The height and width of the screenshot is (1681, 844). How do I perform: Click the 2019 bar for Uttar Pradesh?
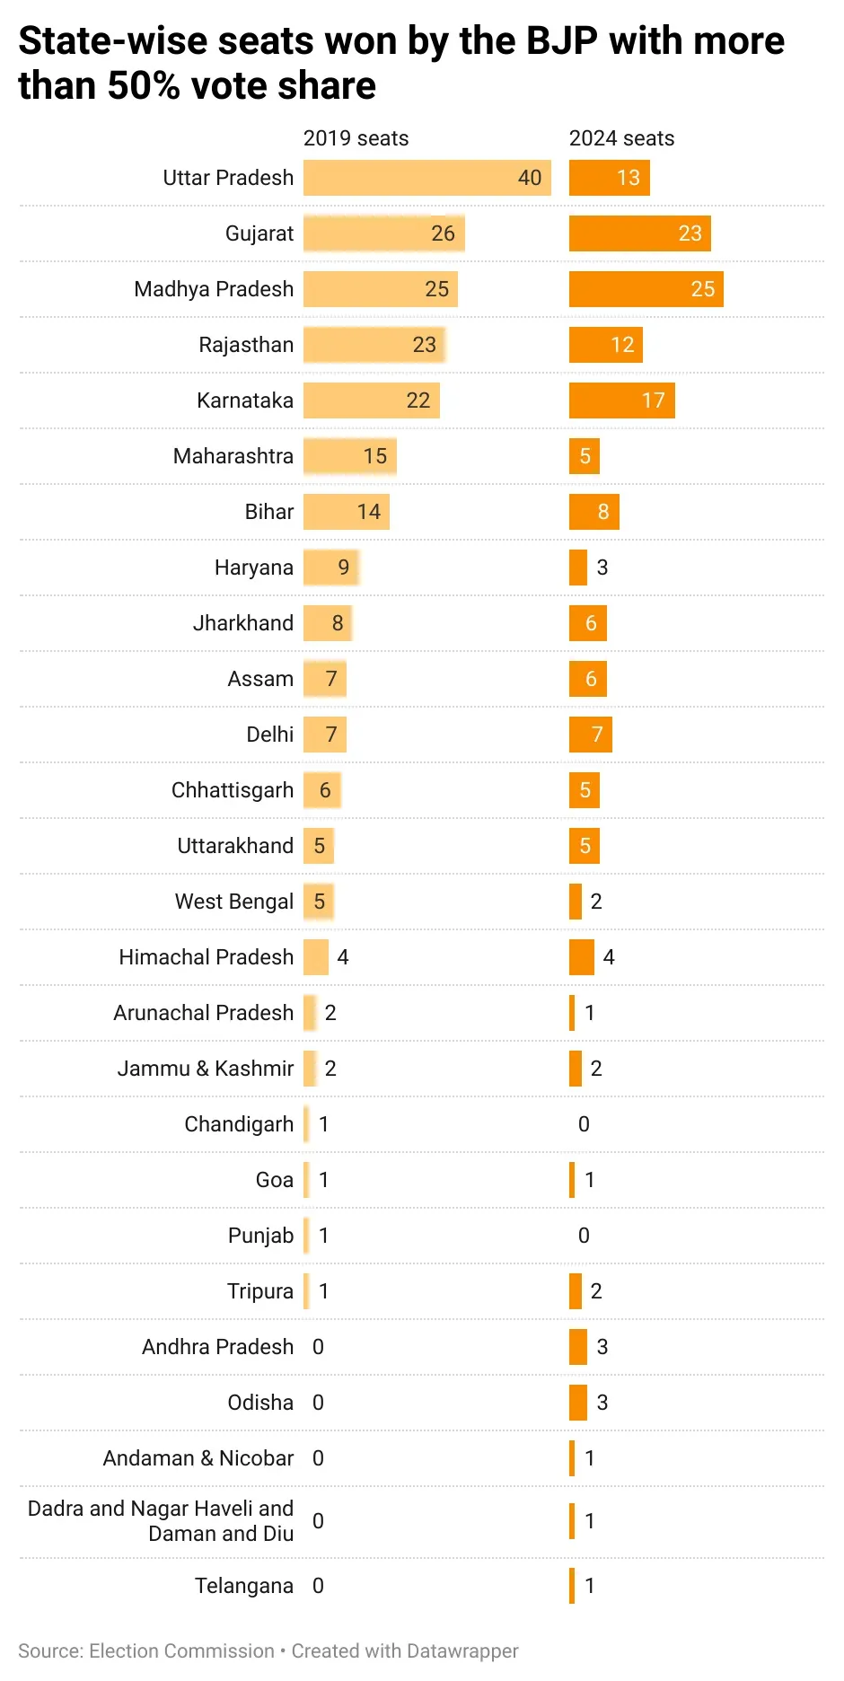(x=426, y=178)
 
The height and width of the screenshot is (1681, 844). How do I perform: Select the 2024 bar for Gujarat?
(x=639, y=233)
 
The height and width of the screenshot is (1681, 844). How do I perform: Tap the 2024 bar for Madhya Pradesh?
(x=646, y=289)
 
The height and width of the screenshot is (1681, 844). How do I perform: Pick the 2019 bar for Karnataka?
(x=371, y=400)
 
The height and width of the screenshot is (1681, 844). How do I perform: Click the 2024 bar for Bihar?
(x=593, y=512)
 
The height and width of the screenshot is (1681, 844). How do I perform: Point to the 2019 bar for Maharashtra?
(x=349, y=456)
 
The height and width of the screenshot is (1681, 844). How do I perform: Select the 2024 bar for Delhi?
(x=590, y=735)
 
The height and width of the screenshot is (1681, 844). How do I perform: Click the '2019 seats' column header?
(x=356, y=138)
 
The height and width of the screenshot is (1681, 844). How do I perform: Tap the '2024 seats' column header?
(x=621, y=138)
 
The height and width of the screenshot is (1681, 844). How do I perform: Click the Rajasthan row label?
(x=246, y=345)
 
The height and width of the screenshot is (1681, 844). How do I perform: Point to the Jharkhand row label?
(x=243, y=623)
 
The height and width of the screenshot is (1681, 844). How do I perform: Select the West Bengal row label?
(x=234, y=902)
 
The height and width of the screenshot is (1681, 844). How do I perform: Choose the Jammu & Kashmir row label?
(x=206, y=1069)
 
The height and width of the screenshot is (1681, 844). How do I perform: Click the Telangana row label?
(x=244, y=1586)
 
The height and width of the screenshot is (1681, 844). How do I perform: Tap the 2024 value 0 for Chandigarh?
(x=584, y=1124)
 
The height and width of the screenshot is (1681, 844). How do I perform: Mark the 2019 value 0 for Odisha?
(x=318, y=1403)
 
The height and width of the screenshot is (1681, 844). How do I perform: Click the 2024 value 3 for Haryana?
(x=602, y=568)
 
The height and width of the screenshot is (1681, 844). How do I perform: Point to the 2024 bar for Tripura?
(x=576, y=1291)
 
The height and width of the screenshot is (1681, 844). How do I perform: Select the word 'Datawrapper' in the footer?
(x=462, y=1650)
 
